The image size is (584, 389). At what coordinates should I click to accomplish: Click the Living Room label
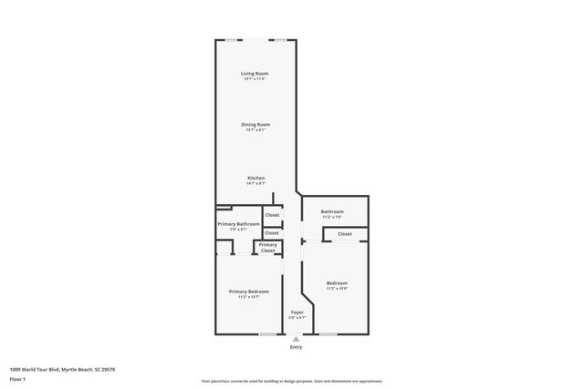click(x=255, y=73)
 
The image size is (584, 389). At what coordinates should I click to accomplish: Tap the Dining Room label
click(x=255, y=124)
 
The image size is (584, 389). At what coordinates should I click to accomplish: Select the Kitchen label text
click(x=255, y=177)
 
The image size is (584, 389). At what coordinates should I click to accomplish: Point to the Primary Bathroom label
click(x=238, y=223)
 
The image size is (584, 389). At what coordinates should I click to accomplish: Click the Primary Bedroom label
click(x=248, y=291)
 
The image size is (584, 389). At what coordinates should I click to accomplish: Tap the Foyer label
click(x=297, y=312)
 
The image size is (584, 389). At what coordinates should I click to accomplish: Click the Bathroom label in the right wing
click(x=331, y=211)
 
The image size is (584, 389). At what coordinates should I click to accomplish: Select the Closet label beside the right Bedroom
click(x=344, y=234)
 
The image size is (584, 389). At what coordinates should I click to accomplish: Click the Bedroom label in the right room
click(x=337, y=283)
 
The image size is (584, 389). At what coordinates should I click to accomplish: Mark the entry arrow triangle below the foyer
click(x=296, y=340)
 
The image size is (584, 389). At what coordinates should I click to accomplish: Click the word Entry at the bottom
click(x=296, y=347)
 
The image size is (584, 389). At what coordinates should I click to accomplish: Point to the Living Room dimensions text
click(x=255, y=79)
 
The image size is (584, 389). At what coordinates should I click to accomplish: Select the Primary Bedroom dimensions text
click(x=248, y=296)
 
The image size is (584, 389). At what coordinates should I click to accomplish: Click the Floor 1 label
click(x=17, y=379)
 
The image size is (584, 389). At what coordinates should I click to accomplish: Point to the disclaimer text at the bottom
click(x=291, y=381)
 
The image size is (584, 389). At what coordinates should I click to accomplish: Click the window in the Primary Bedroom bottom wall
click(x=267, y=334)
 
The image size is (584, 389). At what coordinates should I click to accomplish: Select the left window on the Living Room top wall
click(x=235, y=40)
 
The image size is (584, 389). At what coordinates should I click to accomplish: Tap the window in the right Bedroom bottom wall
click(x=328, y=334)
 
